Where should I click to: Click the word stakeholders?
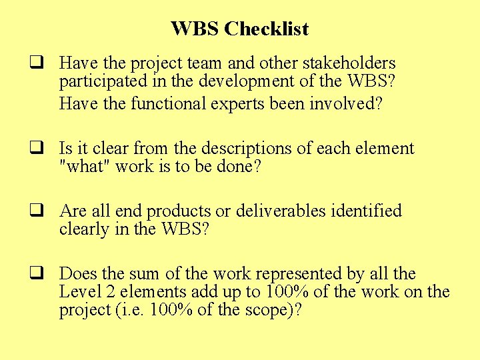(x=349, y=63)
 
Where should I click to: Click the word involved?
(x=346, y=104)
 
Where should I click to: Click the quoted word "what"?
(x=84, y=167)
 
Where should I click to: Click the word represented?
(x=293, y=274)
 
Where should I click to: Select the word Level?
(x=77, y=292)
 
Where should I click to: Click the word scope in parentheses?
(x=261, y=311)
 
